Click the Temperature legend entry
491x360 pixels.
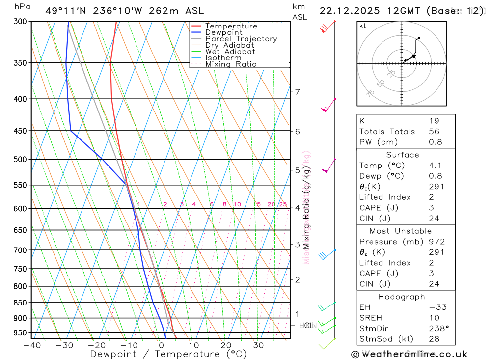[x=231, y=26]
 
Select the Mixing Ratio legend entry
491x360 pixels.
[x=231, y=64]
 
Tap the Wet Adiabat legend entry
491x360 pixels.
[x=230, y=52]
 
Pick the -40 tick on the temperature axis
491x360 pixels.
[x=31, y=345]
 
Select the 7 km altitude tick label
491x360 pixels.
[x=297, y=92]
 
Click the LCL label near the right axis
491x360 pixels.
[x=306, y=325]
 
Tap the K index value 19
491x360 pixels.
[x=434, y=121]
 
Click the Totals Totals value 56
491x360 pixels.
[x=434, y=132]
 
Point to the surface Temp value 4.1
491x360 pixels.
[x=436, y=166]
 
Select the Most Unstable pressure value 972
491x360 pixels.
[x=436, y=242]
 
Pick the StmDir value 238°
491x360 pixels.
[x=438, y=329]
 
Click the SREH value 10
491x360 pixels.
[x=434, y=318]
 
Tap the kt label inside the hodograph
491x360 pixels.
[x=363, y=26]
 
